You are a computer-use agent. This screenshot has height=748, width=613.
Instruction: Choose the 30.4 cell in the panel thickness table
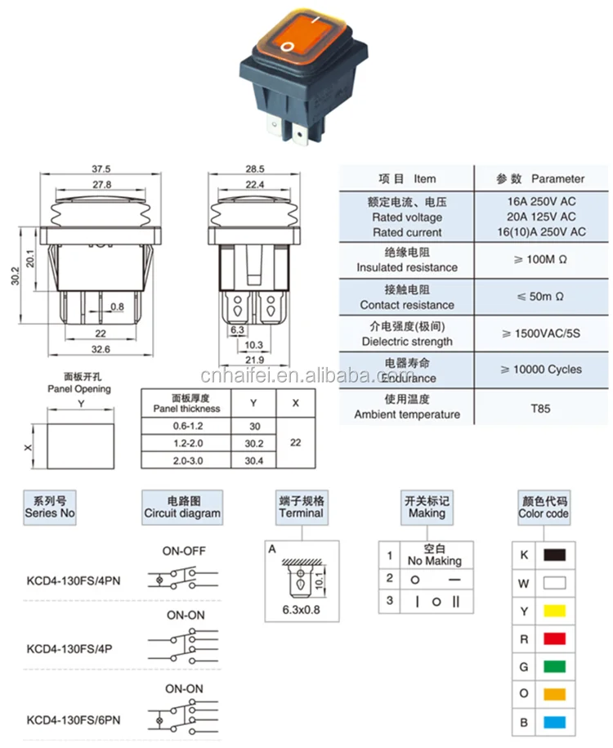(253, 460)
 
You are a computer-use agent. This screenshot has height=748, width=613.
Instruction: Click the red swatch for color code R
(555, 638)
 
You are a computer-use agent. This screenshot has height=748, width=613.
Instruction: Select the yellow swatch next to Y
(555, 610)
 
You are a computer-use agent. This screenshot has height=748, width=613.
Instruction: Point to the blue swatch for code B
(555, 723)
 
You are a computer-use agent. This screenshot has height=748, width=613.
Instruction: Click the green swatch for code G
(555, 665)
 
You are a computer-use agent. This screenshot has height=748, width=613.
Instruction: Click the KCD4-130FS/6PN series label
(74, 719)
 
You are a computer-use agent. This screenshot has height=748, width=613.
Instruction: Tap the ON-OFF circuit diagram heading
(185, 551)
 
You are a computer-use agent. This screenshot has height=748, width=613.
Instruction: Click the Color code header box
(544, 507)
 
